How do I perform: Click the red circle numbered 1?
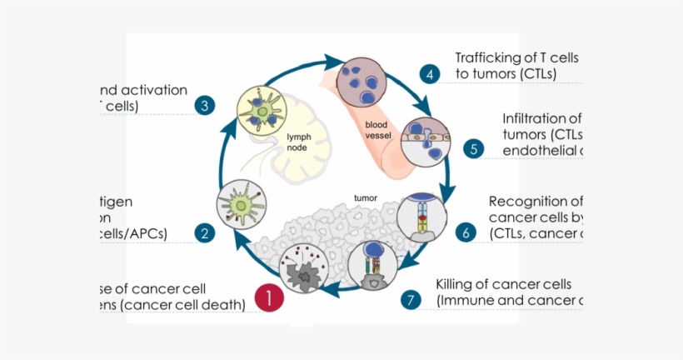pos(269,298)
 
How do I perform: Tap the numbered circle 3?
pos(204,106)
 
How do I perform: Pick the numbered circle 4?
pos(430,73)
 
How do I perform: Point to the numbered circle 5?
pos(473,149)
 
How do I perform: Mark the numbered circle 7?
pos(410,300)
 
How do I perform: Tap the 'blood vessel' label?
pos(377,129)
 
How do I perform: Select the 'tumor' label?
pos(366,198)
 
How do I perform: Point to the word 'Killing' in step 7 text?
pos(458,284)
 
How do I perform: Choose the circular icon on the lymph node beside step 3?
pos(262,108)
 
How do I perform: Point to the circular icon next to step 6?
pos(418,216)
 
